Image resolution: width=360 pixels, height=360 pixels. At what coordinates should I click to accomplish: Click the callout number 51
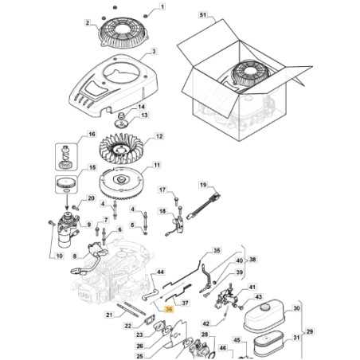(x=202, y=15)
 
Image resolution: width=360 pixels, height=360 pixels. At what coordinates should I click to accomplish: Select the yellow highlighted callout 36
(x=168, y=307)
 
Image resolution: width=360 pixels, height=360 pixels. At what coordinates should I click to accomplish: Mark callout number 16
(x=92, y=134)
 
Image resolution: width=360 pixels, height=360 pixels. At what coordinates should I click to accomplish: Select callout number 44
(x=159, y=272)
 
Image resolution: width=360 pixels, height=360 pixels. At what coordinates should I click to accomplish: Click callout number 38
(x=252, y=260)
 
